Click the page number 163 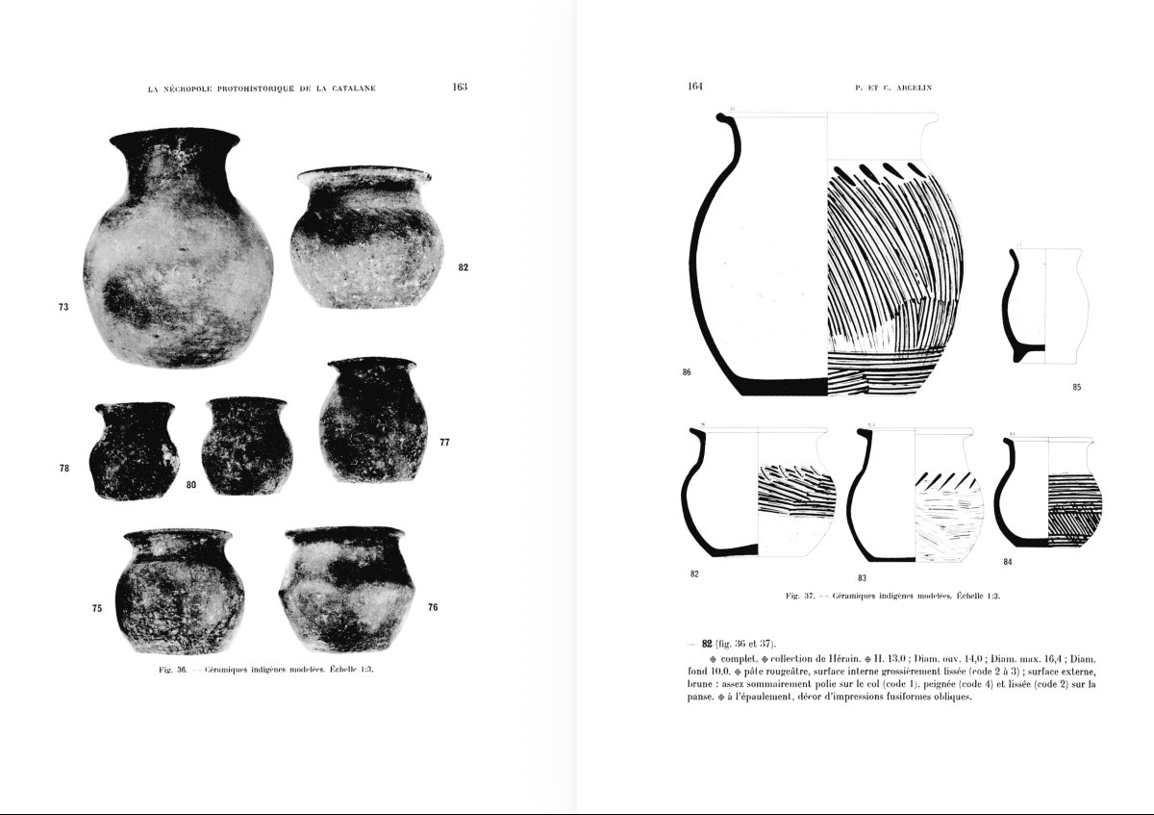point(459,87)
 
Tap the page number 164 point(696,87)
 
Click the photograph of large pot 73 point(178,250)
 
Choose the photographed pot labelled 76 point(347,587)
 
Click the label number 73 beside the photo point(63,307)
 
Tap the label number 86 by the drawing point(687,371)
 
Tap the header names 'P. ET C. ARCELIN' point(892,88)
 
